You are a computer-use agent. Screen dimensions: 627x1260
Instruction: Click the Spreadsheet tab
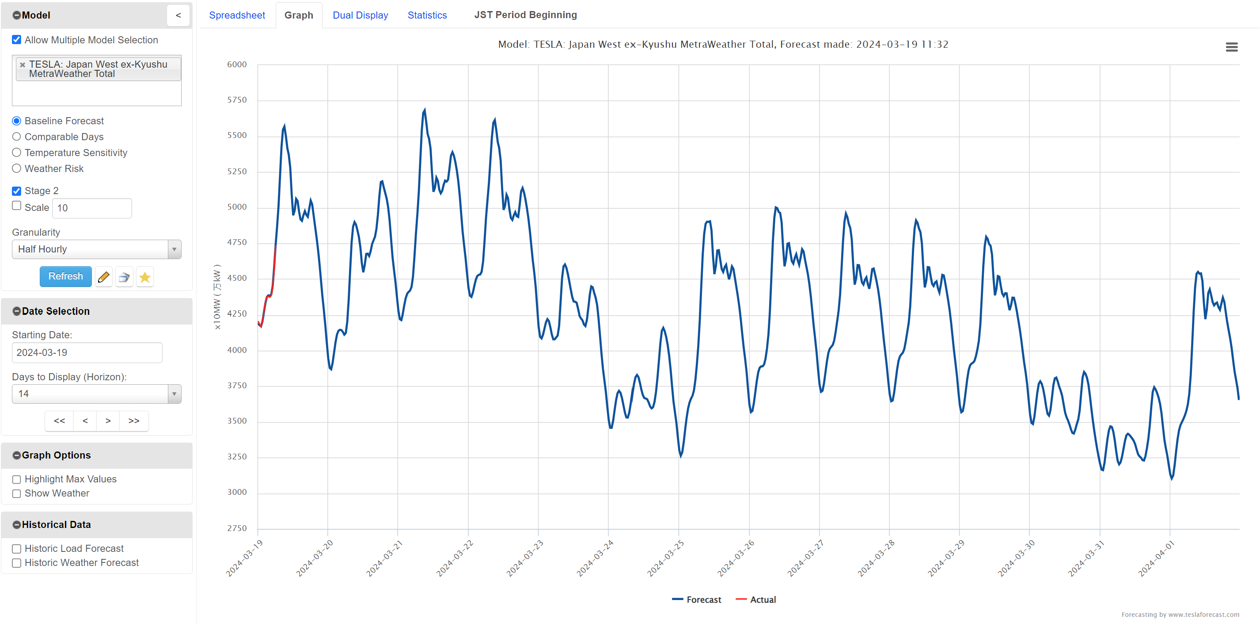coord(237,15)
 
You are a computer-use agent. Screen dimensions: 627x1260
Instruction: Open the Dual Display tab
coord(360,15)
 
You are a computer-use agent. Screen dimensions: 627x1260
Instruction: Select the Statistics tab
coord(427,15)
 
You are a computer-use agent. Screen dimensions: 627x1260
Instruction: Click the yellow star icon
coord(145,277)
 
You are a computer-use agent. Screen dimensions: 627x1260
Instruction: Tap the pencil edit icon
coord(103,277)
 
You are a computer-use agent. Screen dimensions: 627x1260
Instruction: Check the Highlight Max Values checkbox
coord(17,480)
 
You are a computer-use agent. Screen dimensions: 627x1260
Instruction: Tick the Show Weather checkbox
coord(17,494)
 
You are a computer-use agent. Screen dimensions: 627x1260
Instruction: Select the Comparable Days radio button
coord(17,137)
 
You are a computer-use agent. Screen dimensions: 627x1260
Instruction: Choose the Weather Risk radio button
coord(17,169)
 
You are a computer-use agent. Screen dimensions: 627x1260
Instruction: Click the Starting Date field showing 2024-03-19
coord(87,353)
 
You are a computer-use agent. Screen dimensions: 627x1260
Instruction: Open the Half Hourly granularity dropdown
coord(96,249)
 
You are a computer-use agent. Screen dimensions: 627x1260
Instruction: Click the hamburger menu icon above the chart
coord(1231,47)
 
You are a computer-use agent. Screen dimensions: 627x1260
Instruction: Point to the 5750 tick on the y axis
coord(237,100)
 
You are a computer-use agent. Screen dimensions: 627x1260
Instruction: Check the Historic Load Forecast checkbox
coord(17,549)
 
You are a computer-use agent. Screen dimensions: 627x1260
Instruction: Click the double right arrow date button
coord(133,421)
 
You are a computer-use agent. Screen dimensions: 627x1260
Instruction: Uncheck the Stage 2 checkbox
coord(17,191)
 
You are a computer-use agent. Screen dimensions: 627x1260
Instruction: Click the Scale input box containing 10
coord(91,208)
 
